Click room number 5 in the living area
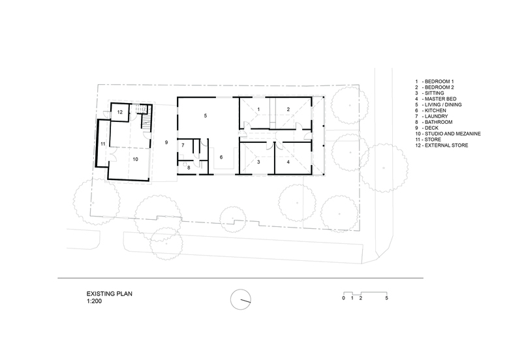206,115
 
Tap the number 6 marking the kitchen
221,157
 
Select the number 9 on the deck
166,142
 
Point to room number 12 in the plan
120,112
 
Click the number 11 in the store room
103,143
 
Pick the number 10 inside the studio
136,159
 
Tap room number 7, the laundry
183,145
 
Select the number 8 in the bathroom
189,168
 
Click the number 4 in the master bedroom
288,162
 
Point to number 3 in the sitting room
258,162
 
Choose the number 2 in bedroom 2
288,110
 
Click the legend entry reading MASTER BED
440,99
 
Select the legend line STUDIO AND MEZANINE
453,134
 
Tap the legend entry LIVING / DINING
443,105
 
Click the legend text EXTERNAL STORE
446,145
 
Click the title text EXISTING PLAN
110,294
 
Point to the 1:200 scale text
94,301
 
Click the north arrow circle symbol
241,300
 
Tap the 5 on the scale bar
386,298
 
